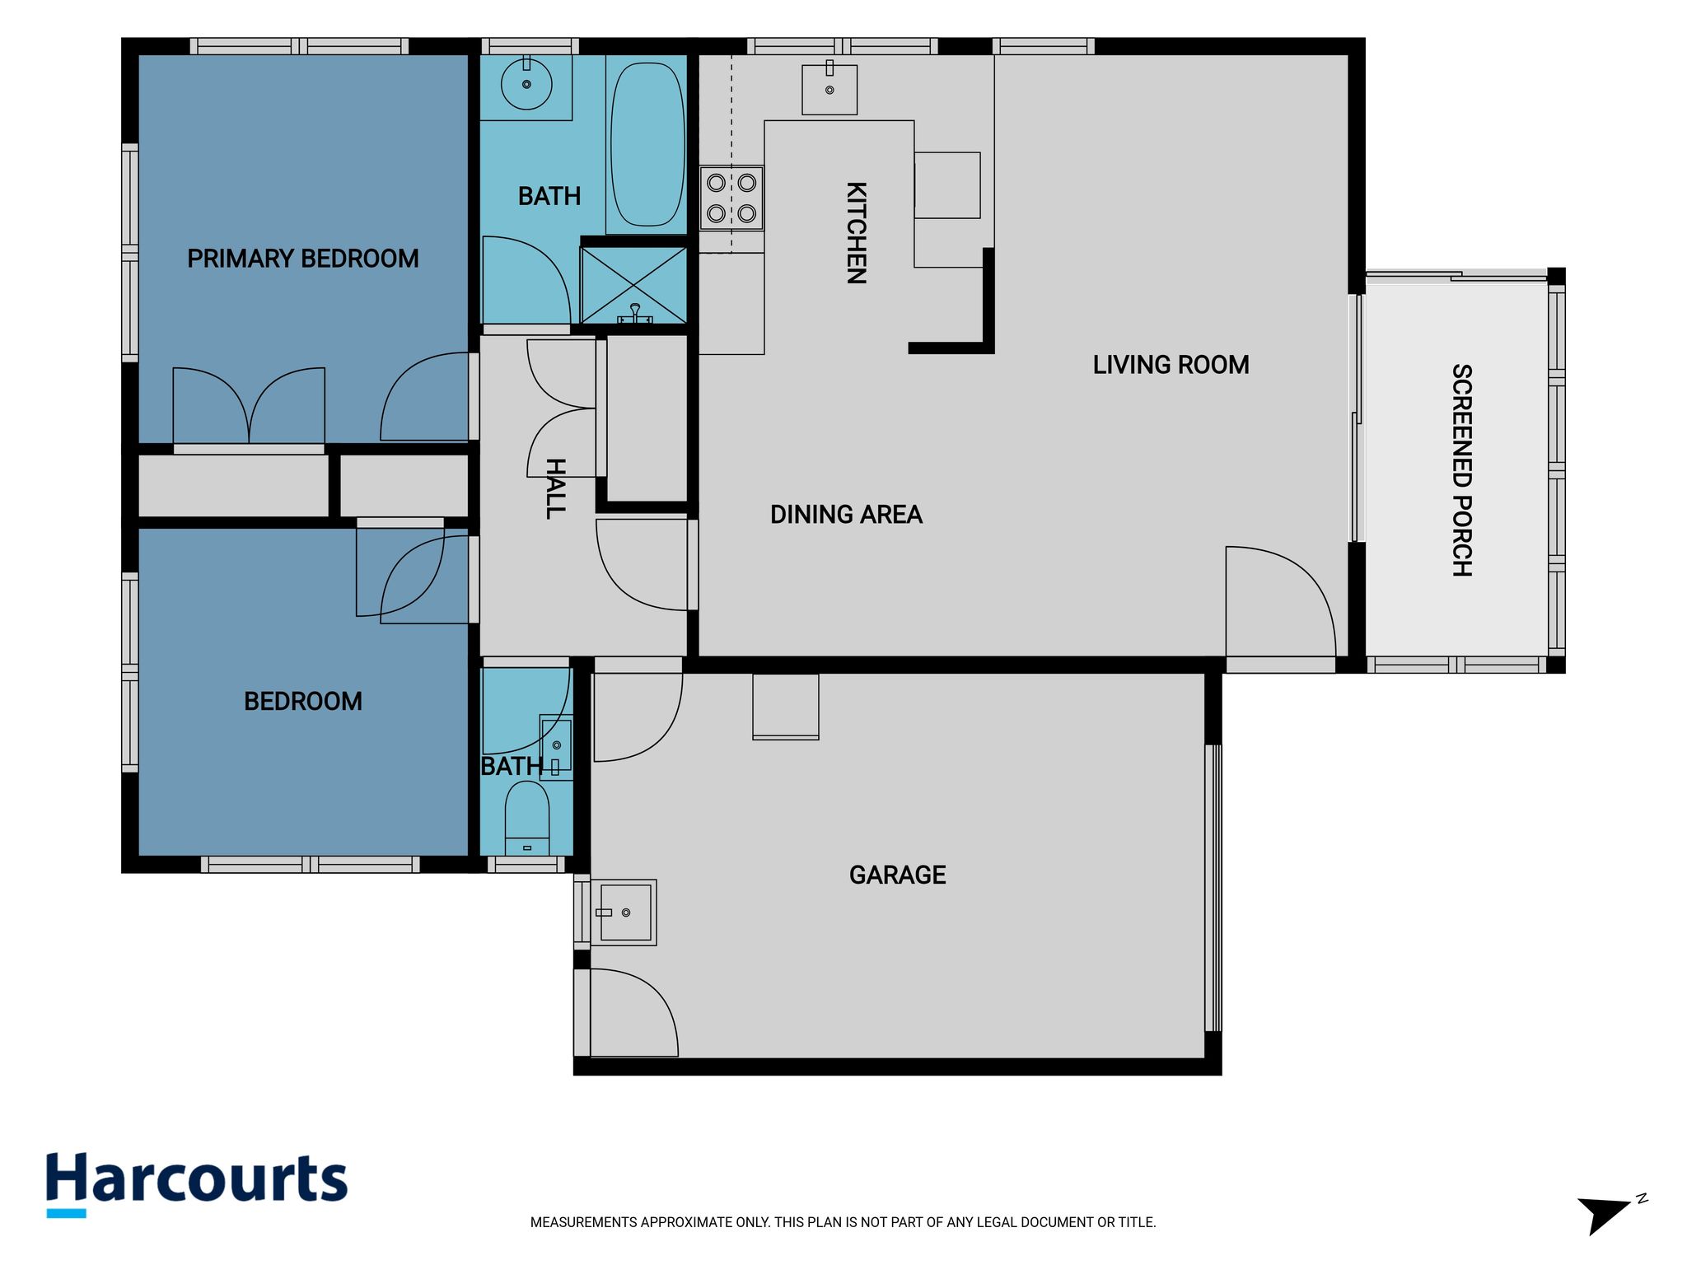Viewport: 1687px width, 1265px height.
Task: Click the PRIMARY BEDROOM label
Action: (302, 259)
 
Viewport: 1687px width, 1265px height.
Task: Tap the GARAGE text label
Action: (897, 875)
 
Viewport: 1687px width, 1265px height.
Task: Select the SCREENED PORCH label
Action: (1461, 470)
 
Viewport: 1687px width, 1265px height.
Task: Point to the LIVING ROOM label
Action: (1171, 365)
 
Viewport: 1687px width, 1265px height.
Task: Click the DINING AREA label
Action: (846, 515)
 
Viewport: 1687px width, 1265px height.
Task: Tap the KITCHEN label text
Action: (857, 233)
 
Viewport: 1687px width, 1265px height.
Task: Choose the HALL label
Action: (556, 488)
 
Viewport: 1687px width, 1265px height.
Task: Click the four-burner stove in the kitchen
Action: (731, 198)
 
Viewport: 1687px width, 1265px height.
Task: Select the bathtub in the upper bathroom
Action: (647, 144)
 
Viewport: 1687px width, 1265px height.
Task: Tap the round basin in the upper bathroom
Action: (526, 83)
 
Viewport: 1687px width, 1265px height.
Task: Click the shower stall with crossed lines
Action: (633, 285)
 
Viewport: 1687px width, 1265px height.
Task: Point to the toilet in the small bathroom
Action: (526, 818)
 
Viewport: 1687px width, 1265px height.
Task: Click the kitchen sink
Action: (829, 90)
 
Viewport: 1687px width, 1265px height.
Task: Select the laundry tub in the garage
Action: (624, 913)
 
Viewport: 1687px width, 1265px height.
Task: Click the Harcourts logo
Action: (197, 1184)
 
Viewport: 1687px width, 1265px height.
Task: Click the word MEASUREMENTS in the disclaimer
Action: (583, 1223)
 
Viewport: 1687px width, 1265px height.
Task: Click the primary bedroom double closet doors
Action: (249, 405)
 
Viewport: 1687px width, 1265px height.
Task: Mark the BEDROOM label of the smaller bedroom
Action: (302, 702)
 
